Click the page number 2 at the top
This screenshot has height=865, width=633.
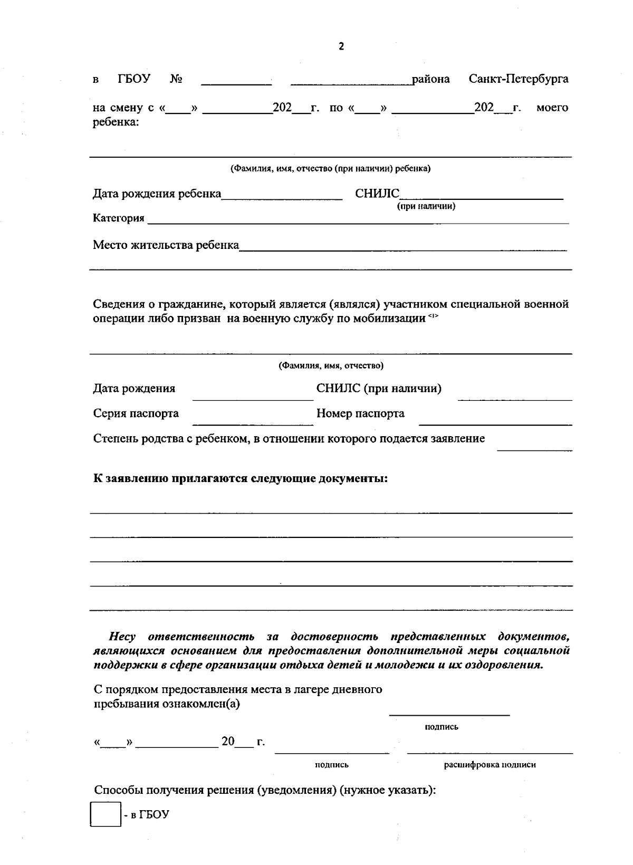(x=341, y=46)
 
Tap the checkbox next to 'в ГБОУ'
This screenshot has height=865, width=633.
(x=105, y=815)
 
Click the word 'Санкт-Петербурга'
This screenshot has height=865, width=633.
(x=519, y=79)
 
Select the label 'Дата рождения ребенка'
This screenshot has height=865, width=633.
(x=157, y=194)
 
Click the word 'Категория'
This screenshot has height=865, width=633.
(x=119, y=218)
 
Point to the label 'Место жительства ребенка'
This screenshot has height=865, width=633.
(x=166, y=245)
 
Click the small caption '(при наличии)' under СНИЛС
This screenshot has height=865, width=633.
(x=426, y=206)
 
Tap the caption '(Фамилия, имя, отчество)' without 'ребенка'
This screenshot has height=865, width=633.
(x=331, y=366)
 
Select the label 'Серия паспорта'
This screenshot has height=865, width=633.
(x=136, y=414)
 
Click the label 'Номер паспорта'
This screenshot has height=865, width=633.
(x=360, y=414)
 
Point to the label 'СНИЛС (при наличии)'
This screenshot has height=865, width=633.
(x=379, y=389)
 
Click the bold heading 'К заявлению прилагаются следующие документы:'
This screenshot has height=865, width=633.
(x=241, y=479)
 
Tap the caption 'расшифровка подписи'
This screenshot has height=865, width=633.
(x=490, y=765)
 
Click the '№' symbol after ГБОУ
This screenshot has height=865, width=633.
(x=176, y=79)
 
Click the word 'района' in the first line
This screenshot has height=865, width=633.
(x=430, y=79)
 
